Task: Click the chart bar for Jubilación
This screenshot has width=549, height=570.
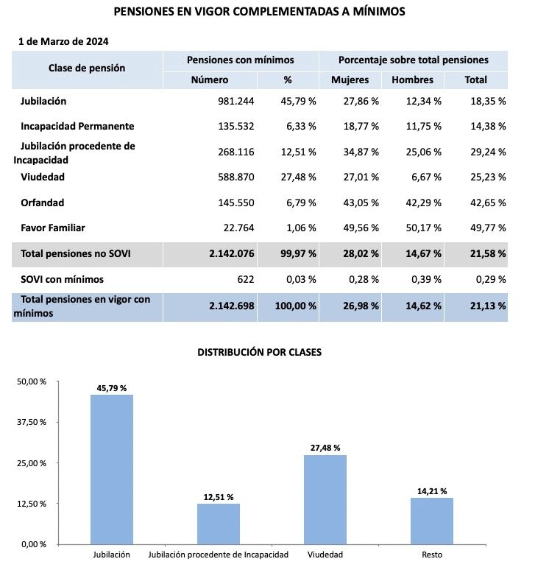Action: pyautogui.click(x=112, y=470)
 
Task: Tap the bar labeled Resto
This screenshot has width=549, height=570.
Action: pyautogui.click(x=432, y=521)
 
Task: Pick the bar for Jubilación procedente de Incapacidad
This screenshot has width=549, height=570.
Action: pyautogui.click(x=219, y=524)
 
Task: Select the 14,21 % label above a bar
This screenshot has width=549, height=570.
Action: pyautogui.click(x=432, y=490)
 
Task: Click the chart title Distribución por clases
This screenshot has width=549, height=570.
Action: pyautogui.click(x=259, y=353)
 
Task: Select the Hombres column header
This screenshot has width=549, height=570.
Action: pyautogui.click(x=412, y=80)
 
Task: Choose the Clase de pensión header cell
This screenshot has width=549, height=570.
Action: pyautogui.click(x=87, y=68)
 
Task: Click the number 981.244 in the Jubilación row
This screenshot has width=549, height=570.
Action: pyautogui.click(x=232, y=101)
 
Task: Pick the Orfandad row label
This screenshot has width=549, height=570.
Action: pyautogui.click(x=42, y=203)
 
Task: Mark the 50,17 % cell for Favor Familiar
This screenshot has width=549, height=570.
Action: pyautogui.click(x=422, y=228)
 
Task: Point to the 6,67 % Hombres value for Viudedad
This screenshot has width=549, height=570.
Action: pyautogui.click(x=427, y=177)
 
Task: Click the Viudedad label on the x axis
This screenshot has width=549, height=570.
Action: pyautogui.click(x=325, y=555)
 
